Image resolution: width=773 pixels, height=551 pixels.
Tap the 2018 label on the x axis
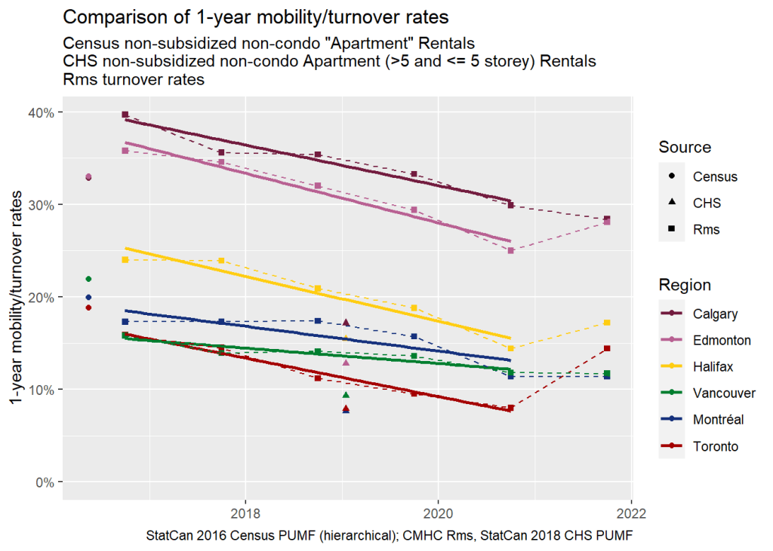point(245,510)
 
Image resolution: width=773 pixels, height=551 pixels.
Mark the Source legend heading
point(685,147)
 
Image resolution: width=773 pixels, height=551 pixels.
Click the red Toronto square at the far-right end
point(606,348)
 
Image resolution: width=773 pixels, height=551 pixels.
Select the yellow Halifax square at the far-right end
point(606,323)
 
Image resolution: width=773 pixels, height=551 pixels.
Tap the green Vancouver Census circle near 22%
point(88,279)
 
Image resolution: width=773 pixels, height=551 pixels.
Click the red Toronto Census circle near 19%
point(88,308)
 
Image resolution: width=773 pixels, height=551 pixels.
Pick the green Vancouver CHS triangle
point(346,395)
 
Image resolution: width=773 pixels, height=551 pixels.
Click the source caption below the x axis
point(391,536)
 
